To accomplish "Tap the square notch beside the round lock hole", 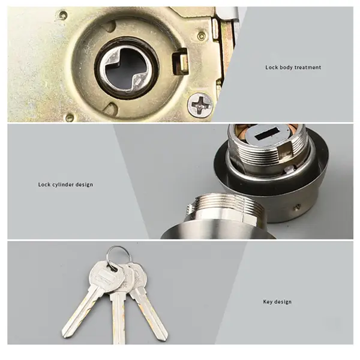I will tap(178, 62).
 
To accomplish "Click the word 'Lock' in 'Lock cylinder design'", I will tap(44, 185).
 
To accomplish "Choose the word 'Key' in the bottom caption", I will tap(268, 302).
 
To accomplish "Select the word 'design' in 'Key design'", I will tap(283, 302).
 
